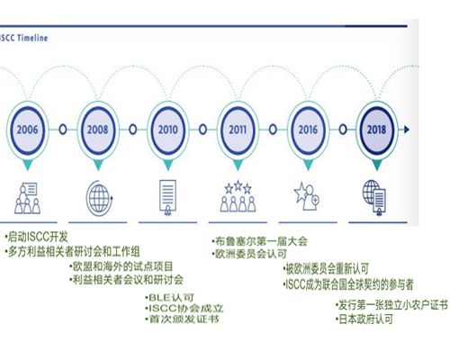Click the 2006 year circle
point(27,130)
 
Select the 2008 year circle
point(98,130)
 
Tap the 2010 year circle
point(168,130)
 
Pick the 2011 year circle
point(238,130)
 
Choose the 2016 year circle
point(308,130)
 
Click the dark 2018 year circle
point(377,130)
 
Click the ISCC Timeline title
point(23,38)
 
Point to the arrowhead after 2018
point(407,130)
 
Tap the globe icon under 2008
point(99,198)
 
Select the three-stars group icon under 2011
point(238,196)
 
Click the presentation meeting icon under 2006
point(27,198)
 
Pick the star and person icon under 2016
point(307,196)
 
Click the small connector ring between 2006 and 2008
point(63,130)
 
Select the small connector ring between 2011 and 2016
point(273,130)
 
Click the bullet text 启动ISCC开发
point(37,237)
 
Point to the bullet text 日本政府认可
point(364,319)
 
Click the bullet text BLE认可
point(169,298)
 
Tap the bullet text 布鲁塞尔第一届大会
point(259,241)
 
